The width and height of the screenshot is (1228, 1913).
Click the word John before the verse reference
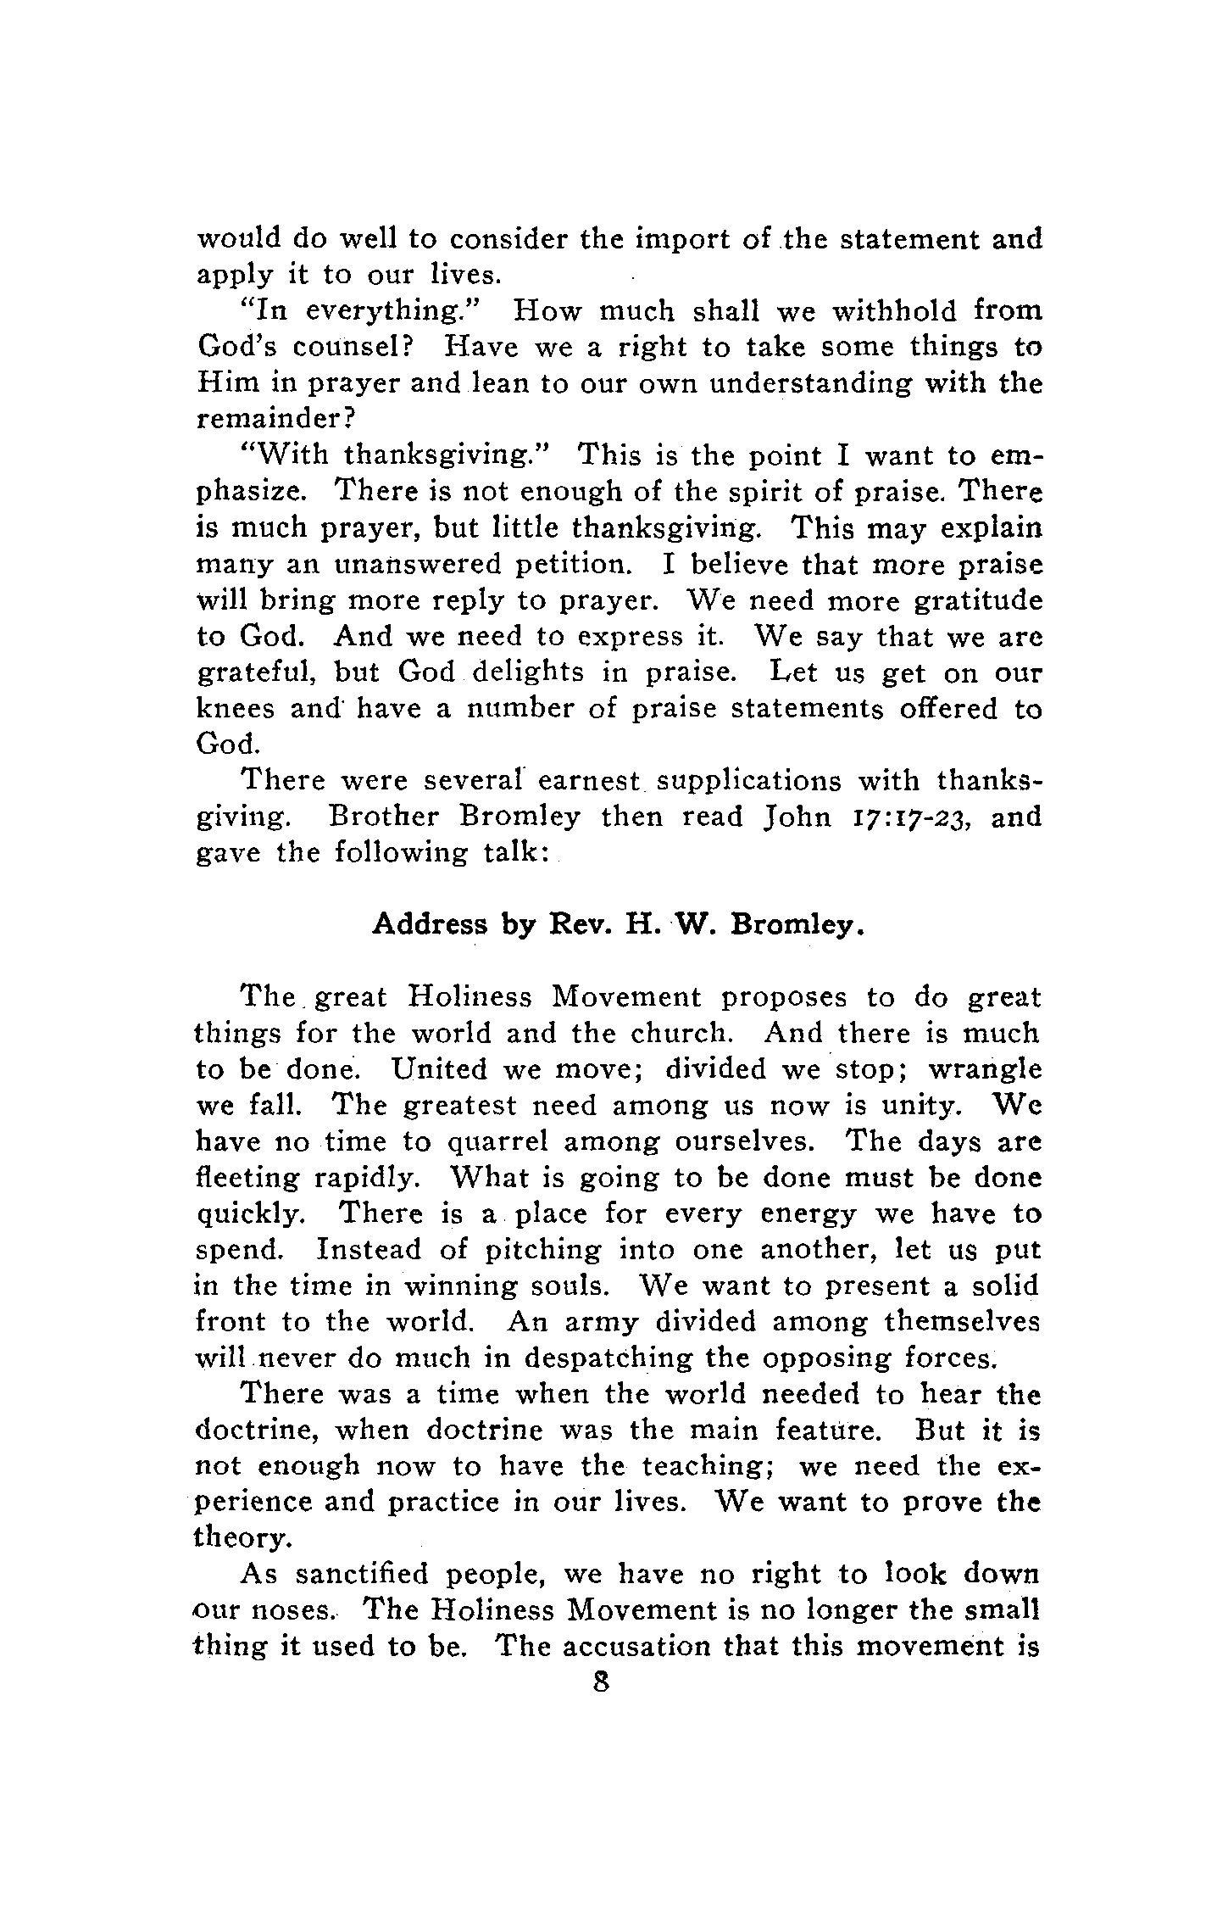(x=797, y=817)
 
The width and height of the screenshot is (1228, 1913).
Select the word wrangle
(x=985, y=1070)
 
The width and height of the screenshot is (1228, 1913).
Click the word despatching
(x=608, y=1358)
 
